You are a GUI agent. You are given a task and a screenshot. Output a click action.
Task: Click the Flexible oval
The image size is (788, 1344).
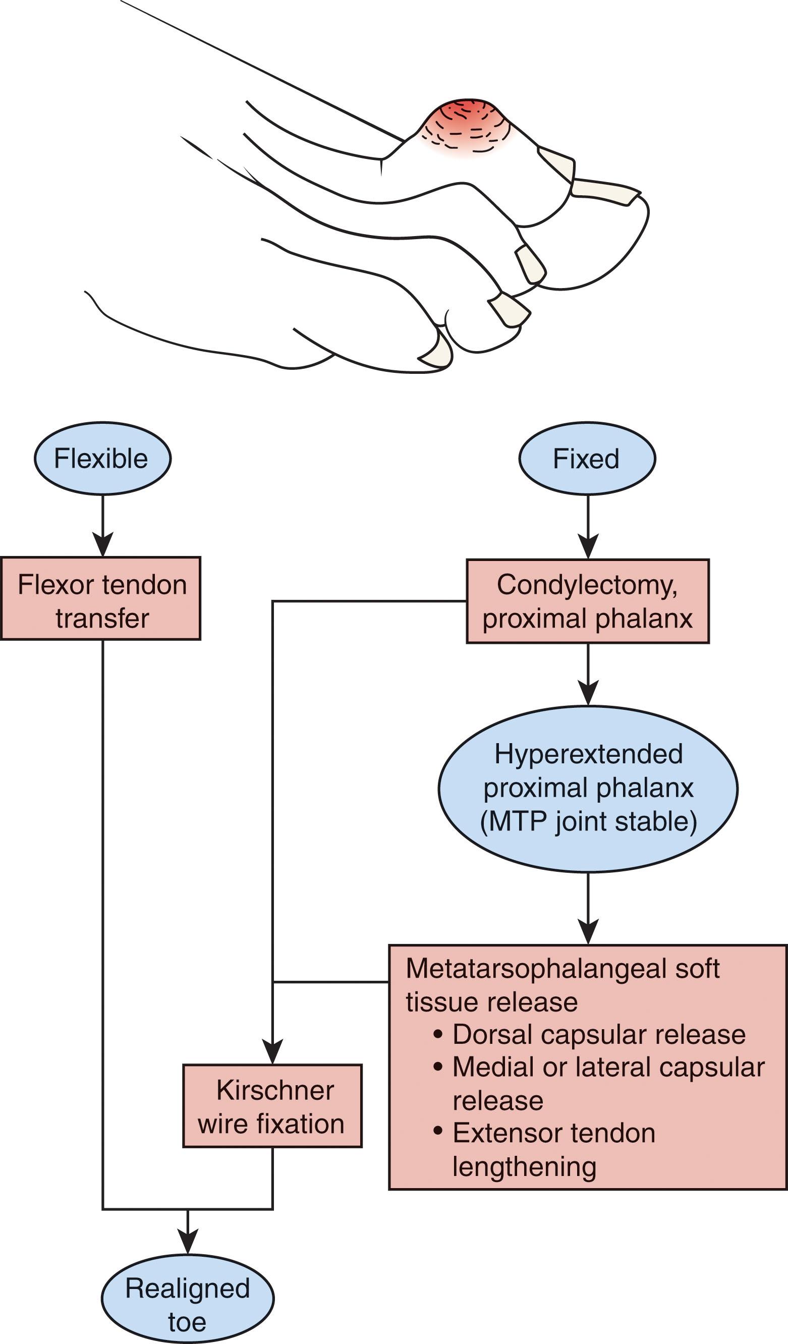point(102,459)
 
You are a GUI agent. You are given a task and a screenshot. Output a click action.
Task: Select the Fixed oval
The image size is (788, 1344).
point(587,459)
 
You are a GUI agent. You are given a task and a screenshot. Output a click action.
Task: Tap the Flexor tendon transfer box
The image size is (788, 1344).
point(101,598)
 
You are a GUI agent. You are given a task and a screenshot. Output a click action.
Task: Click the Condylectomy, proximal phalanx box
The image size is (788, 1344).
point(588,601)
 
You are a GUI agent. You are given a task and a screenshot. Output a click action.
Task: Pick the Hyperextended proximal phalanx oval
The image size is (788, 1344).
point(588,788)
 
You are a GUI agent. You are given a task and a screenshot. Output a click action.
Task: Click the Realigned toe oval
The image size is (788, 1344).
point(187,1299)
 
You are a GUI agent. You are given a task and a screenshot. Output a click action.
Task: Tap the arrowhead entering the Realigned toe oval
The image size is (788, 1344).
point(188,1241)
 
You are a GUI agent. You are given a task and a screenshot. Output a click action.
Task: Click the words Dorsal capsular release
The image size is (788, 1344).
point(599,1034)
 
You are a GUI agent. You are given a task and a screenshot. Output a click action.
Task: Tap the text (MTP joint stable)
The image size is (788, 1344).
point(588,822)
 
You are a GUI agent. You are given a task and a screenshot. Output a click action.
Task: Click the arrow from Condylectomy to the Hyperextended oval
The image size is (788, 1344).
point(588,675)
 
